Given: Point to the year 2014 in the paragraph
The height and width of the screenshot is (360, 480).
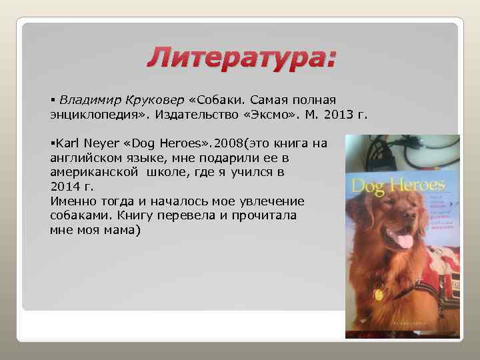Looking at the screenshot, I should point(64,186).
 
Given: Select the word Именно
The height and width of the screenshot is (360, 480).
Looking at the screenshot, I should point(71,201).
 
